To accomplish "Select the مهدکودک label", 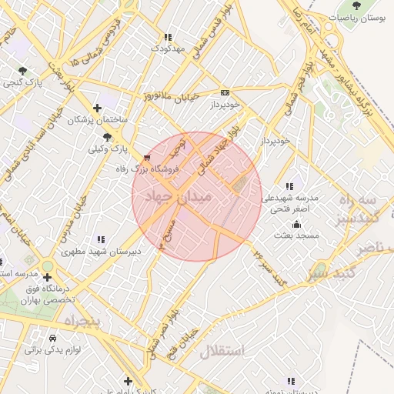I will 169,48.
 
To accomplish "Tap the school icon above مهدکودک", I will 168,36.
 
